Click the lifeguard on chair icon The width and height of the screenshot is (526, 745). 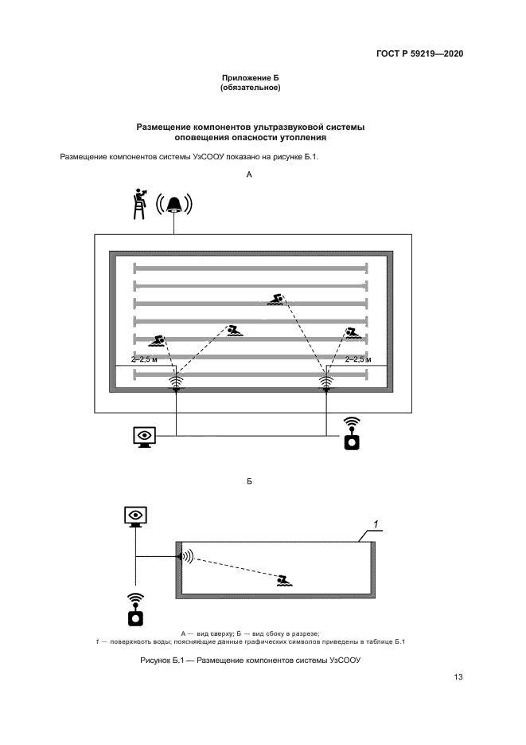click(x=139, y=203)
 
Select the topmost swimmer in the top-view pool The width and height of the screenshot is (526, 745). click(x=278, y=299)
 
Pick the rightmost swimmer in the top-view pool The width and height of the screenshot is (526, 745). click(x=353, y=332)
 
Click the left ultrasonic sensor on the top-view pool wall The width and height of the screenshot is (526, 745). click(x=176, y=382)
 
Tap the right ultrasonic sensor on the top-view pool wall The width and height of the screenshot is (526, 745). click(x=326, y=382)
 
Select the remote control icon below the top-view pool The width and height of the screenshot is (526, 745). click(x=351, y=433)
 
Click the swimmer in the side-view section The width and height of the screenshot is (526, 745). click(x=284, y=580)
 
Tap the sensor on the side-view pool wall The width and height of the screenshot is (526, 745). click(x=184, y=556)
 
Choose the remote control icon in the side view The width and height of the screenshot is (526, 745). click(x=136, y=609)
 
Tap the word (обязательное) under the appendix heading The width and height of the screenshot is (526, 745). click(x=250, y=88)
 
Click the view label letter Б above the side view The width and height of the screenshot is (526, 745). click(x=250, y=482)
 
